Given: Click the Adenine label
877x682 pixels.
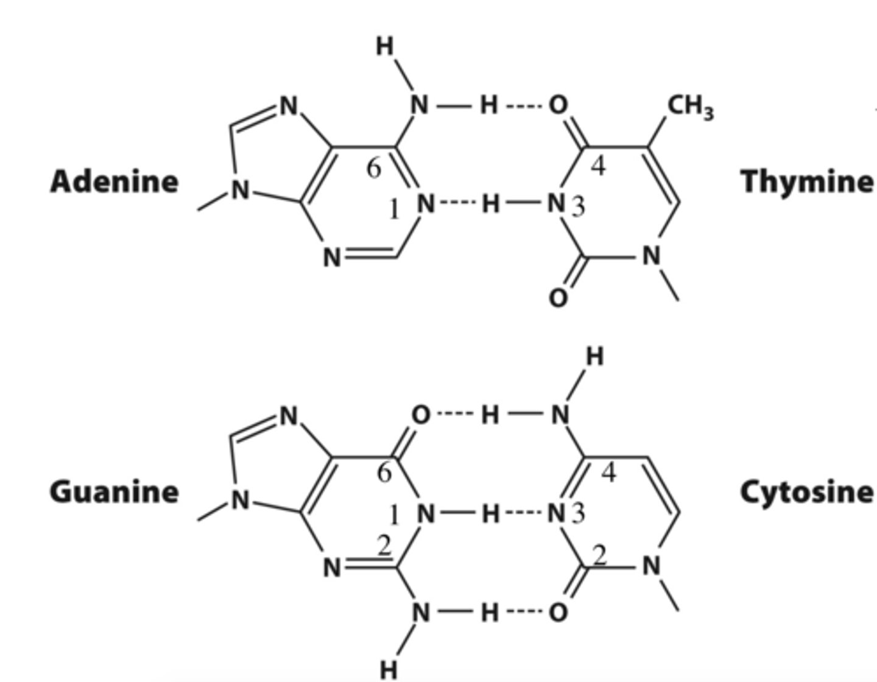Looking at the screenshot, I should click(x=114, y=181).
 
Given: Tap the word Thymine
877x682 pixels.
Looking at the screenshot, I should click(x=807, y=181).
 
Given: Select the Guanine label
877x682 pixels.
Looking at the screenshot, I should click(x=114, y=491).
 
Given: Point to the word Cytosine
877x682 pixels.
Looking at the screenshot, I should click(x=807, y=491).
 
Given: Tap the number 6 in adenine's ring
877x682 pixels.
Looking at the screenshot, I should click(x=374, y=168).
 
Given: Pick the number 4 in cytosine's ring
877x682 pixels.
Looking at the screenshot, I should click(x=608, y=473).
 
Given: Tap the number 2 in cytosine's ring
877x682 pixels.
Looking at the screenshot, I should click(x=600, y=555).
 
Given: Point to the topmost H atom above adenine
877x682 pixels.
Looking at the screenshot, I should click(x=385, y=46).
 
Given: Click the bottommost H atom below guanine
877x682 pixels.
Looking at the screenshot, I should click(x=388, y=670).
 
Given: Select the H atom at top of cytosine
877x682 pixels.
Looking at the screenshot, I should click(x=594, y=357).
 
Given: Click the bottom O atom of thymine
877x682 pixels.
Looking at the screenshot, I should click(x=558, y=298).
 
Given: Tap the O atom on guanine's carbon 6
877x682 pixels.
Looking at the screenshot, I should click(x=420, y=415).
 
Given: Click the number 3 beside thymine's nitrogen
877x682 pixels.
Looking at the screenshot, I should click(x=578, y=206).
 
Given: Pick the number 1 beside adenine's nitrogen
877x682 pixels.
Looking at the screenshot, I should click(x=394, y=210).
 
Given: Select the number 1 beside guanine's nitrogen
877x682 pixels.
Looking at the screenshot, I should click(x=394, y=516).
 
